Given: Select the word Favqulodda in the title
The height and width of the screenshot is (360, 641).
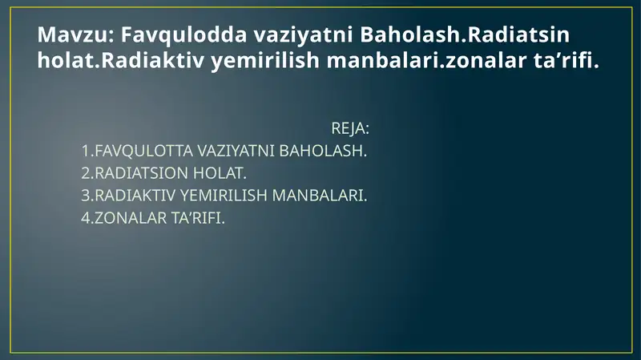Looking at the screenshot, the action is pyautogui.click(x=183, y=34).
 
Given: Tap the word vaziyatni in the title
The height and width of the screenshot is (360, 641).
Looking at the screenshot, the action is pyautogui.click(x=303, y=35).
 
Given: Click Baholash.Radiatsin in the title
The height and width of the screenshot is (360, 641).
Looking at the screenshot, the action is pyautogui.click(x=465, y=34).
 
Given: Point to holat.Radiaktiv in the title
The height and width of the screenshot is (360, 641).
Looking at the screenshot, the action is pyautogui.click(x=121, y=59).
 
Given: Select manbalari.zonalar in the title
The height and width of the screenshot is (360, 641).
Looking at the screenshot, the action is pyautogui.click(x=426, y=59).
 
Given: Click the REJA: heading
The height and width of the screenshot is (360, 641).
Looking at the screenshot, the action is pyautogui.click(x=350, y=128).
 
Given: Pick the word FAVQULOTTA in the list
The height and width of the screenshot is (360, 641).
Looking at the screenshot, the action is pyautogui.click(x=144, y=151).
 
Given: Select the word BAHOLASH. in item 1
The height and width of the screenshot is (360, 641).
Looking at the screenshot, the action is pyautogui.click(x=323, y=151).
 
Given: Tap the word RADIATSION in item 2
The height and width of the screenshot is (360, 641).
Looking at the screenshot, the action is pyautogui.click(x=142, y=173).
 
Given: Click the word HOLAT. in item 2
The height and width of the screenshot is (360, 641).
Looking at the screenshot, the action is pyautogui.click(x=220, y=173).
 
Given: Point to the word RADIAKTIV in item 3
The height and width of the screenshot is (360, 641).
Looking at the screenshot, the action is pyautogui.click(x=135, y=196).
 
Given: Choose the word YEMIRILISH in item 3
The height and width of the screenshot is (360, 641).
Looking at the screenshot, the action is pyautogui.click(x=224, y=196).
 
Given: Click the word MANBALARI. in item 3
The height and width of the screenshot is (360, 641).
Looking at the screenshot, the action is pyautogui.click(x=320, y=196).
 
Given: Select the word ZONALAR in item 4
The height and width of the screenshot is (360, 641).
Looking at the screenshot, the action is pyautogui.click(x=131, y=218).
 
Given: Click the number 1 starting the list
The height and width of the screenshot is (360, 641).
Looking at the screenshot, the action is pyautogui.click(x=86, y=151).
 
